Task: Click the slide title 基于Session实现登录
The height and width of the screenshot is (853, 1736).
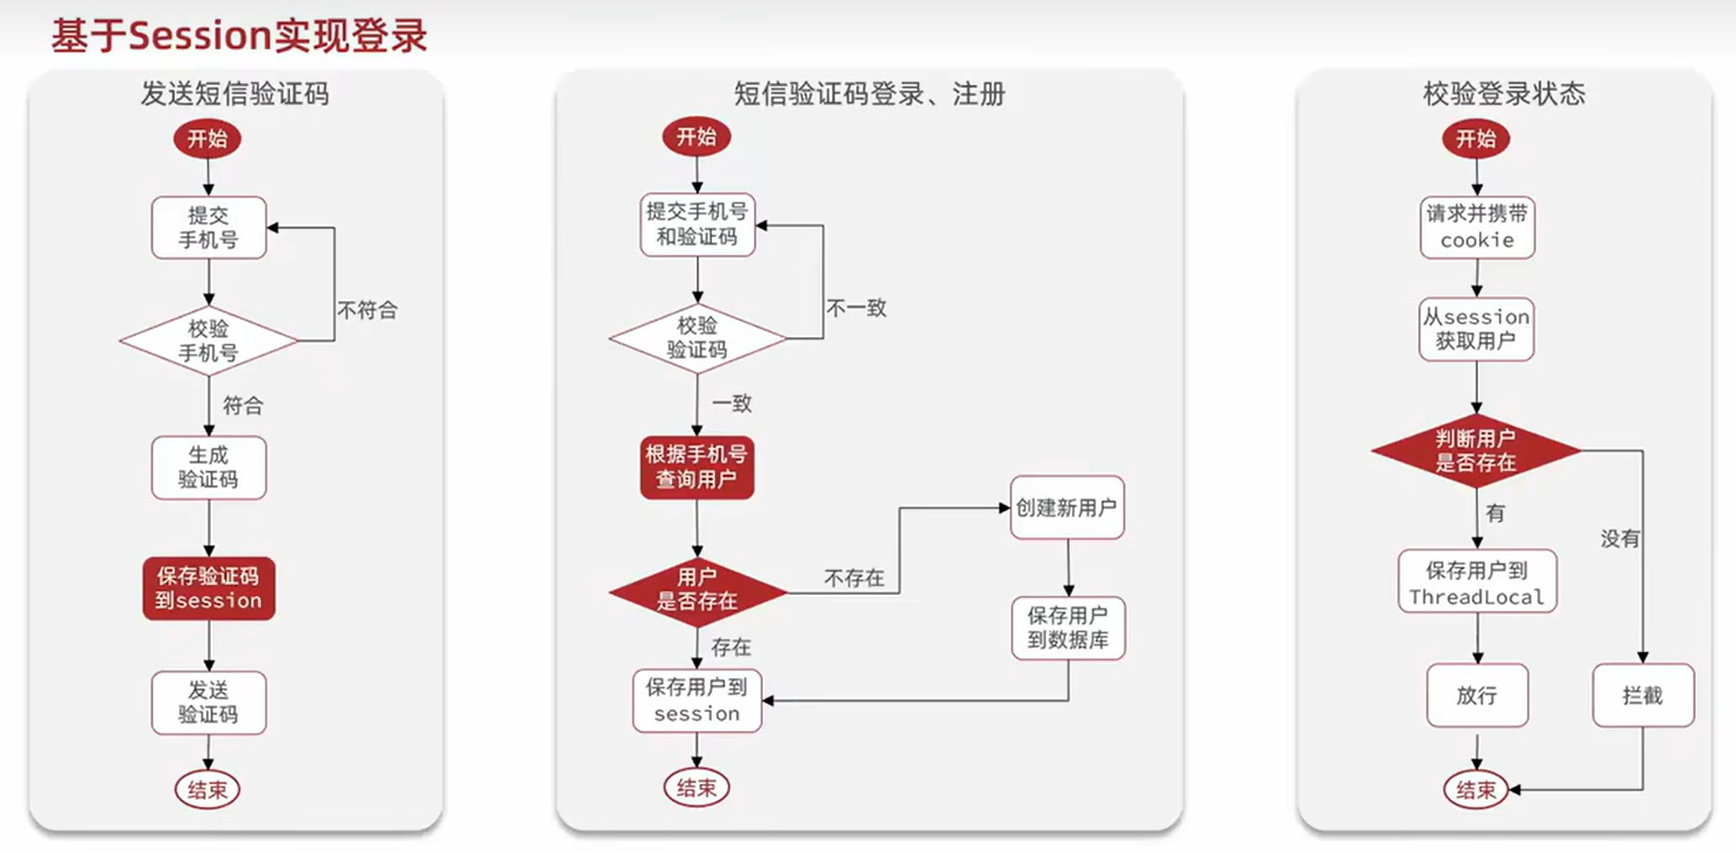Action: tap(239, 37)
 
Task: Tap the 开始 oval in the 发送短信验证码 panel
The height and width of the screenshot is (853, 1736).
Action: tap(208, 139)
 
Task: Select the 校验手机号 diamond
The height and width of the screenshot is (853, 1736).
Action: tap(208, 340)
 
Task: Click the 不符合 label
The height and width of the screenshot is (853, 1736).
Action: tap(367, 310)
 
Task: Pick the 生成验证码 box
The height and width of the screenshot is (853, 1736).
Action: tap(208, 467)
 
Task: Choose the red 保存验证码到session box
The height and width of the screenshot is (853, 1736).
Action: tap(208, 588)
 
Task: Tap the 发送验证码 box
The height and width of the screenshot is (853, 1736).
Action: tap(208, 703)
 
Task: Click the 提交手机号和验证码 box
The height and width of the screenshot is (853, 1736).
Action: tap(697, 224)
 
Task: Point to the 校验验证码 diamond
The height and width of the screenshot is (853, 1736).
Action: tap(697, 338)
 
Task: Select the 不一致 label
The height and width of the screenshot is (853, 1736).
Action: tap(856, 308)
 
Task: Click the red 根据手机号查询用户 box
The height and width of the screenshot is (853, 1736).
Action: tap(697, 467)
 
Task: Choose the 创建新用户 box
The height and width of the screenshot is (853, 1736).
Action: tap(1066, 508)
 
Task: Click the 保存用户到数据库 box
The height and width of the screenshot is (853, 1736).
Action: tap(1068, 628)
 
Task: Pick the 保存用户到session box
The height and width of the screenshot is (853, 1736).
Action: tap(697, 700)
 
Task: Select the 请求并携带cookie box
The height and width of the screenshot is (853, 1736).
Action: tap(1476, 227)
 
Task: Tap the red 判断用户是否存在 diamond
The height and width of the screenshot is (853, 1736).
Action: tap(1476, 450)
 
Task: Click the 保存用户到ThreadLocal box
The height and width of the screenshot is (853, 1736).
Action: tap(1476, 582)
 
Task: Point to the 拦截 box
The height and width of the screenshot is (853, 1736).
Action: tap(1642, 695)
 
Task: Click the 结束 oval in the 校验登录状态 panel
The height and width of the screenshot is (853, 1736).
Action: tap(1476, 790)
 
